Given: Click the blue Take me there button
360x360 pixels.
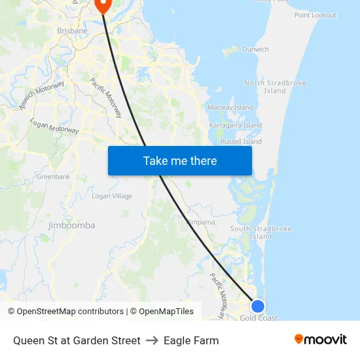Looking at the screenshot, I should click(180, 160).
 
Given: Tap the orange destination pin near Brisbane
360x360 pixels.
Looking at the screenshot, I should click(103, 5).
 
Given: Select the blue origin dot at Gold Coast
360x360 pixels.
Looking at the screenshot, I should click(258, 306).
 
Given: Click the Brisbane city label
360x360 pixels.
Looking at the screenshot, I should click(72, 31).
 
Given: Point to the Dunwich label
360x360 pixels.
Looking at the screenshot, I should click(255, 49).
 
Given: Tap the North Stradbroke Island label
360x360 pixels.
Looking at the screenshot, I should click(266, 87).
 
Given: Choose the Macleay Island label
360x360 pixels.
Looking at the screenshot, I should click(230, 107).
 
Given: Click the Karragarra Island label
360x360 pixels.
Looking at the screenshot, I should click(236, 125).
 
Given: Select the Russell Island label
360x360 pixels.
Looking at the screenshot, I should click(241, 141).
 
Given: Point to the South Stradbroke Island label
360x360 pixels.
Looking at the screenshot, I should click(261, 232).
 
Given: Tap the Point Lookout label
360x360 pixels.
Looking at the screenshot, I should click(315, 15).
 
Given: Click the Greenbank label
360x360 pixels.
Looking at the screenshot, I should click(53, 177).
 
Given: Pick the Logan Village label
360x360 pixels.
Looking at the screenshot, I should click(112, 196).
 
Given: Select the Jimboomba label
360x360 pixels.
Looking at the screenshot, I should click(71, 225).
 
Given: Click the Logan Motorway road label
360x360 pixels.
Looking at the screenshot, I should click(54, 127).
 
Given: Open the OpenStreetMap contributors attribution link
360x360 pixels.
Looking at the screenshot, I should click(69, 312).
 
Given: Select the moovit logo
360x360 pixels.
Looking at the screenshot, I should click(320, 340).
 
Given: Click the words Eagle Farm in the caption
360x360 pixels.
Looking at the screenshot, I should click(191, 340).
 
